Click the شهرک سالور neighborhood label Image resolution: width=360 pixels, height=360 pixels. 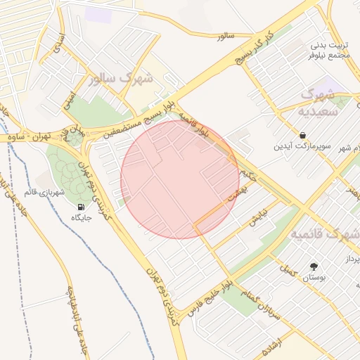[x=122, y=78]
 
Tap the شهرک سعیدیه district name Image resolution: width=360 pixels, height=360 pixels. [x=321, y=102]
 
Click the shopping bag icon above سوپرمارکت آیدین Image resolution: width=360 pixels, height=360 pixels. [x=302, y=134]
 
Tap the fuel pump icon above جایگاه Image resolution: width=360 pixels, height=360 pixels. [x=82, y=207]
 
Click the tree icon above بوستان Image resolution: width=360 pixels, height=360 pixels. [x=314, y=266]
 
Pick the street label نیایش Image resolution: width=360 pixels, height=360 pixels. [x=259, y=214]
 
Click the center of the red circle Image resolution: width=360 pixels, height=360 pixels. [x=180, y=179]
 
